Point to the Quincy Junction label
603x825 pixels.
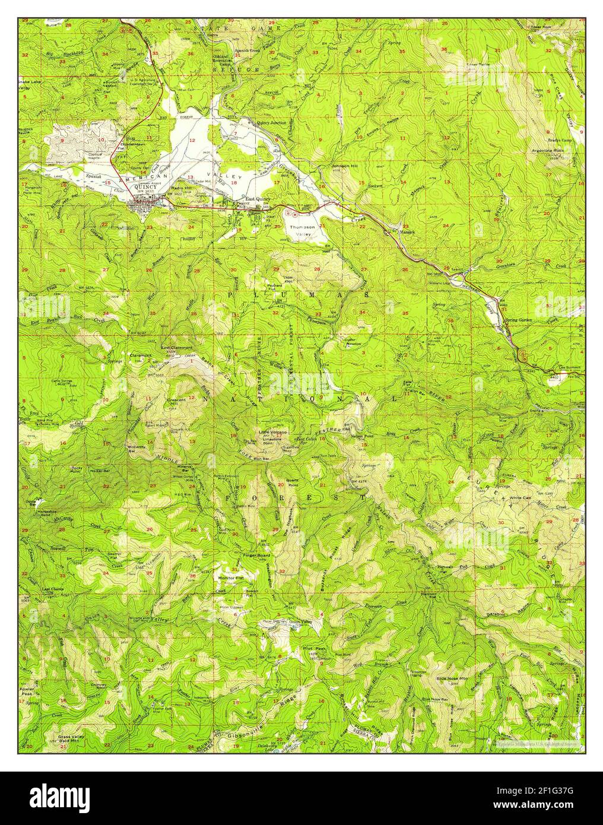pyautogui.click(x=271, y=122)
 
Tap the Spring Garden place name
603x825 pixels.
pyautogui.click(x=518, y=321)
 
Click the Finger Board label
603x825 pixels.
pyautogui.click(x=257, y=556)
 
